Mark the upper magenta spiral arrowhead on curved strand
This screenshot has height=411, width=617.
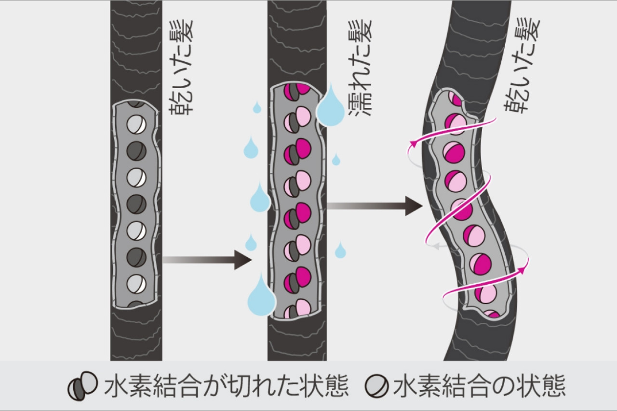[413, 143]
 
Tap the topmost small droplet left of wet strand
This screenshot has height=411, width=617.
[257, 107]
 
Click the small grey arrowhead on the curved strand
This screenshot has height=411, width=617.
[435, 246]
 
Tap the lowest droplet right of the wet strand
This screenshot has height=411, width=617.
[340, 250]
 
